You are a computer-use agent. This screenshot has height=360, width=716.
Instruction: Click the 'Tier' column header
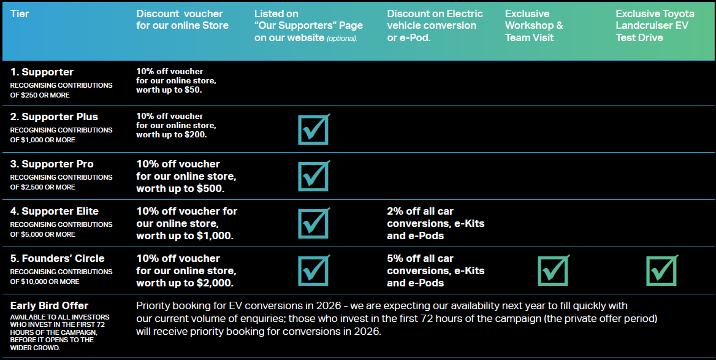point(20,14)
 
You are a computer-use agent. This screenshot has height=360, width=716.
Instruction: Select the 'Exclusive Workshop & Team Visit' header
point(533,26)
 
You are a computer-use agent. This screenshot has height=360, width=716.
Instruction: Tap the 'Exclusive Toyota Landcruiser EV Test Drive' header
point(655,26)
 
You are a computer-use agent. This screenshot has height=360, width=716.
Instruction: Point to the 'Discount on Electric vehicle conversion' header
point(435,26)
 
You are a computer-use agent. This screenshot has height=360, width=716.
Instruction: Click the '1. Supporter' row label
point(42,72)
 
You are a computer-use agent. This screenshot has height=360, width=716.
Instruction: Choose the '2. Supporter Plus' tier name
point(54,117)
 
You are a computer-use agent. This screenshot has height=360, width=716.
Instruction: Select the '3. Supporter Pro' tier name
point(52,164)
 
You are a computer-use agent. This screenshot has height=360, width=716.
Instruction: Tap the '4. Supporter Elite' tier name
point(55,212)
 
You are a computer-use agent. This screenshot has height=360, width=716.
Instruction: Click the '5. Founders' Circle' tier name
point(58,259)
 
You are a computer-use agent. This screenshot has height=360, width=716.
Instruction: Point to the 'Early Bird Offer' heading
point(50,305)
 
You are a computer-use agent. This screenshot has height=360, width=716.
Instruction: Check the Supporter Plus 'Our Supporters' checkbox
point(313,129)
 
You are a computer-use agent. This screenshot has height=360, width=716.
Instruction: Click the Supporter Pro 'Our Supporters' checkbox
point(313,176)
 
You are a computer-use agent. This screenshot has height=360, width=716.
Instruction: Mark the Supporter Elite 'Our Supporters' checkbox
point(313,223)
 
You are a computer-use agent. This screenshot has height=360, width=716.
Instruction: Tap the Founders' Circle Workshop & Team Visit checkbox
point(553,270)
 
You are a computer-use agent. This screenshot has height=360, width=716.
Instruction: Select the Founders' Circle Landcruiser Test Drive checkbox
point(661,270)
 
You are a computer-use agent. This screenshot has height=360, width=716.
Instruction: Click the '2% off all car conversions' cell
point(435,223)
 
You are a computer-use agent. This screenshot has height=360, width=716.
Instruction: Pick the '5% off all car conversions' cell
point(435,270)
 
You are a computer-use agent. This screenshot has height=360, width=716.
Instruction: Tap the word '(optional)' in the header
point(341,39)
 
